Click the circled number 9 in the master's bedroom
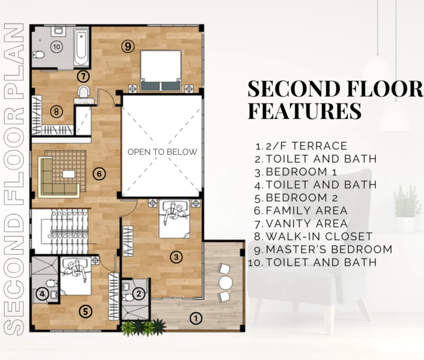(x=128, y=46)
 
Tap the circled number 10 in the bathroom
(x=56, y=47)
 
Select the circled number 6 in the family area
(x=99, y=173)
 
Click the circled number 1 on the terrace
(x=196, y=318)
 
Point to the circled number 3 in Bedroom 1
(x=176, y=257)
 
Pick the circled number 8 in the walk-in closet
(x=56, y=111)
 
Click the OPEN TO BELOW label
(x=162, y=152)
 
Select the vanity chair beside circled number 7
(x=83, y=91)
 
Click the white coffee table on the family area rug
(x=69, y=174)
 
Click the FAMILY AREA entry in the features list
(x=301, y=211)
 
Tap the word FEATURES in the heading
(x=305, y=110)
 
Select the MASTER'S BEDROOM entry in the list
(x=323, y=250)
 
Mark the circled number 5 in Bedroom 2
(x=85, y=312)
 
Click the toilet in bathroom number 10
(x=39, y=55)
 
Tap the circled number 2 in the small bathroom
(x=139, y=293)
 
